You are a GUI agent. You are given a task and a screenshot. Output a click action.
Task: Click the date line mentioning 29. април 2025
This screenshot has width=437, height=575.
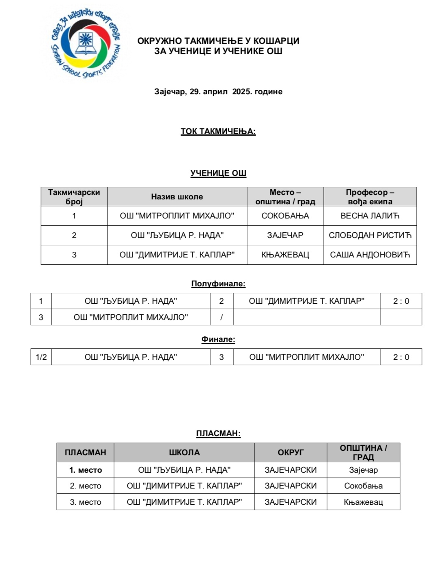click(x=218, y=92)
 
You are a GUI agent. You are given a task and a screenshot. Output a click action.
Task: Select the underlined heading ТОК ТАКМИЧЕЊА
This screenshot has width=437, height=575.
click(x=218, y=132)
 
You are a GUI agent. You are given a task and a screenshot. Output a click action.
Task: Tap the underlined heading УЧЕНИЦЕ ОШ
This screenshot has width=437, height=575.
click(x=218, y=173)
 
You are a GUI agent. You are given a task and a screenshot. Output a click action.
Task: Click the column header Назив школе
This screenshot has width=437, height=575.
click(x=177, y=197)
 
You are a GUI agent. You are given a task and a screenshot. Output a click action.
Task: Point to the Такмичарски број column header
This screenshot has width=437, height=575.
click(x=74, y=197)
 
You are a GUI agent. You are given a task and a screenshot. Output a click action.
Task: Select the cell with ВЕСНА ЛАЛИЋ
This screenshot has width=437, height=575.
click(x=370, y=216)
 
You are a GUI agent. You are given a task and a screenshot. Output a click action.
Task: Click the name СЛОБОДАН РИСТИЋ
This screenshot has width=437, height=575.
click(x=370, y=236)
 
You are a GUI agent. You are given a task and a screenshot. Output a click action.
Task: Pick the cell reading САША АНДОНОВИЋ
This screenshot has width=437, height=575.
click(x=370, y=255)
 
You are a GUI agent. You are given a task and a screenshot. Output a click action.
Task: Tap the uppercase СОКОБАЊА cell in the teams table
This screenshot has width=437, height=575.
click(x=285, y=216)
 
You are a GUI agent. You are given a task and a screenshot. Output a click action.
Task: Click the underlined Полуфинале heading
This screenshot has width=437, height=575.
click(x=218, y=284)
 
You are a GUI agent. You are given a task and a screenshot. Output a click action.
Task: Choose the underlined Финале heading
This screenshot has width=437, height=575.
click(x=218, y=339)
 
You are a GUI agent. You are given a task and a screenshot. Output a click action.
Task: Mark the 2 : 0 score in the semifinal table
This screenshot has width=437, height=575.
click(x=401, y=301)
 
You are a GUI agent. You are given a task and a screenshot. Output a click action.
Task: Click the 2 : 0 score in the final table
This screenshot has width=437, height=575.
click(x=401, y=357)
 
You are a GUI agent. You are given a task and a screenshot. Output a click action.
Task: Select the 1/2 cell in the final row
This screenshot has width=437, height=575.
click(x=41, y=357)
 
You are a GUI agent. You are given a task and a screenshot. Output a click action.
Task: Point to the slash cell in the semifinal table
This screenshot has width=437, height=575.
click(x=222, y=318)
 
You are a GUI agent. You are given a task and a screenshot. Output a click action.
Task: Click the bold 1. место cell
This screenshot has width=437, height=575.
click(x=85, y=470)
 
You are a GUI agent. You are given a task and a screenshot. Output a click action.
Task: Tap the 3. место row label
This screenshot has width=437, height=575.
click(x=85, y=502)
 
